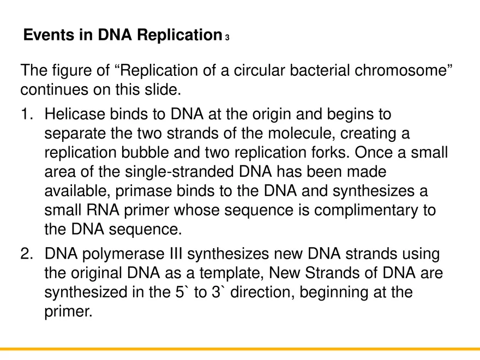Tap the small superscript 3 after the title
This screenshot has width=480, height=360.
(x=227, y=38)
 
